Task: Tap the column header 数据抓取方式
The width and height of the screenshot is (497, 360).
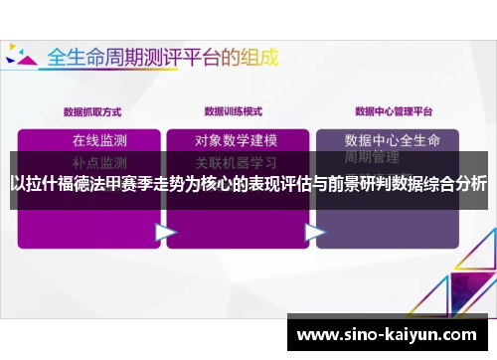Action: pyautogui.click(x=92, y=111)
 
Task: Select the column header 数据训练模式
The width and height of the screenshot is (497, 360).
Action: pyautogui.click(x=235, y=111)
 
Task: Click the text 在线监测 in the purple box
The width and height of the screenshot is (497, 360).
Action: pyautogui.click(x=99, y=139)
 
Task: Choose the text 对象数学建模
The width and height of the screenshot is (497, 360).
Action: pyautogui.click(x=236, y=139)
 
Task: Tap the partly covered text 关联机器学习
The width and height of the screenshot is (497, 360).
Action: pyautogui.click(x=236, y=161)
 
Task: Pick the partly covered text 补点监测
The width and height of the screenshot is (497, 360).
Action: pyautogui.click(x=99, y=161)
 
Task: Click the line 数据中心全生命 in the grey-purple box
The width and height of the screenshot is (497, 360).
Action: pyautogui.click(x=397, y=139)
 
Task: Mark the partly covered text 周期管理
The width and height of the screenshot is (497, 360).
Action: pyautogui.click(x=372, y=157)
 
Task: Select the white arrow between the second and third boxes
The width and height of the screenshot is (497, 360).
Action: pyautogui.click(x=314, y=233)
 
